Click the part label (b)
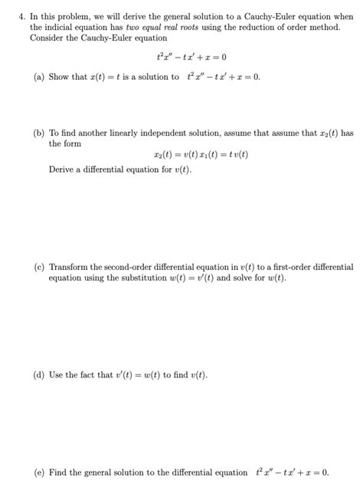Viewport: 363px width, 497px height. (39, 133)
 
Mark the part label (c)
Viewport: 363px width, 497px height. (39, 268)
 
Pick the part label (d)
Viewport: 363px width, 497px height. (39, 376)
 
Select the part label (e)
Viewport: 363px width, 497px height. (39, 473)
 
